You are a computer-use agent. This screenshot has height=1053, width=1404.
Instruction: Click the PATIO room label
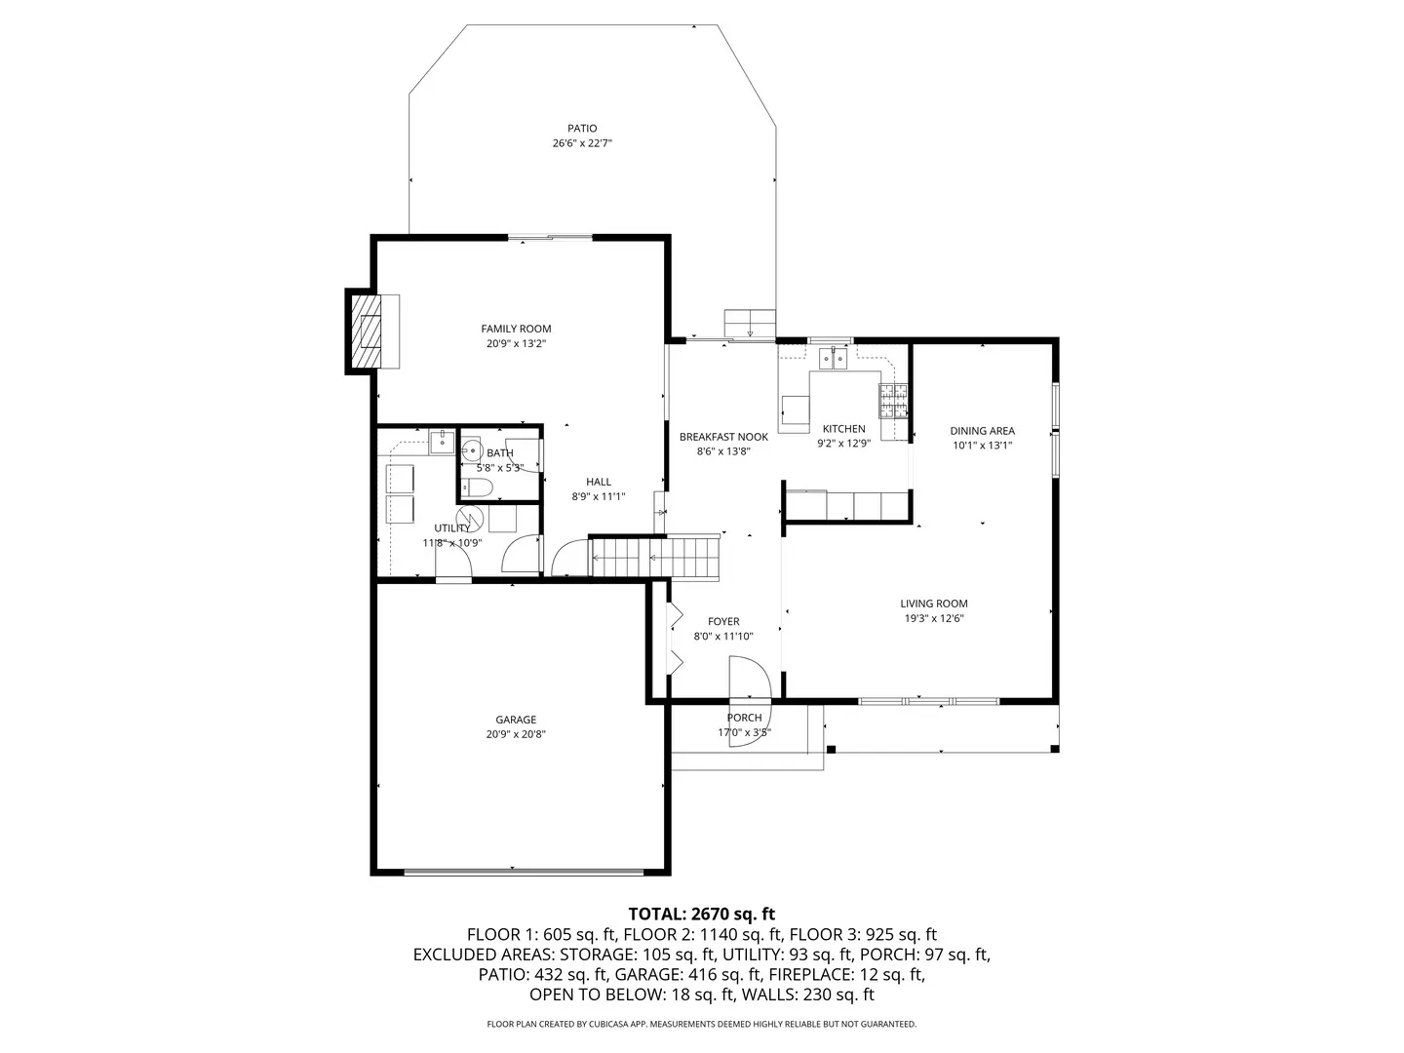pos(582,129)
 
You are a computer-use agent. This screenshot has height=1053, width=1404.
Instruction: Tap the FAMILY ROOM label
pos(516,329)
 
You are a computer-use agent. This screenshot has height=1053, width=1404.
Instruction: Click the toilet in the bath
pos(476,488)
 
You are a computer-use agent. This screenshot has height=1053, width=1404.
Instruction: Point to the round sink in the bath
pos(472,450)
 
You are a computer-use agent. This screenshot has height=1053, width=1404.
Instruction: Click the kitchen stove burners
pos(893,400)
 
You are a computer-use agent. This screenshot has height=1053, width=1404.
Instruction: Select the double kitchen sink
pos(834,359)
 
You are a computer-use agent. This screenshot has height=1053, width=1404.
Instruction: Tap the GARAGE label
pos(516,720)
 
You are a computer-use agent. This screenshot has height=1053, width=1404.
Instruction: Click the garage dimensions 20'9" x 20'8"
pos(516,734)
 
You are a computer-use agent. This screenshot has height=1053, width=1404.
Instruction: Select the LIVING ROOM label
pos(934,604)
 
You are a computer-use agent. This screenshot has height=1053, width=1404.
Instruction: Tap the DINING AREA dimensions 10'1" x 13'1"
pos(983,446)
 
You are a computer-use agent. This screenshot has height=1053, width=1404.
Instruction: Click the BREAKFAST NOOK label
pos(723,437)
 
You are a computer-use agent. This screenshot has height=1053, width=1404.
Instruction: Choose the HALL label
pos(599,482)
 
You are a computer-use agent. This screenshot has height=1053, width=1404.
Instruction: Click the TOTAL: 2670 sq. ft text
pos(702,914)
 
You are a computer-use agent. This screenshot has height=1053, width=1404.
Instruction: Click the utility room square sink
pos(442,442)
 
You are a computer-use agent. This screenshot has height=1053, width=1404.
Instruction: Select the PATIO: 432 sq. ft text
pos(542,974)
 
